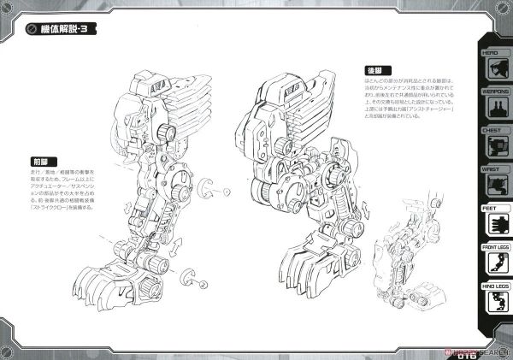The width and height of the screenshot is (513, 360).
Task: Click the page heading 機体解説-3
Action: tap(68, 30)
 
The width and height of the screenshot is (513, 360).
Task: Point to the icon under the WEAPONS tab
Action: tap(494, 106)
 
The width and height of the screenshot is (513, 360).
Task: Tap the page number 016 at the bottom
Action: tap(494, 350)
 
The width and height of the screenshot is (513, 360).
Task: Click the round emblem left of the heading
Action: tap(30, 30)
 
